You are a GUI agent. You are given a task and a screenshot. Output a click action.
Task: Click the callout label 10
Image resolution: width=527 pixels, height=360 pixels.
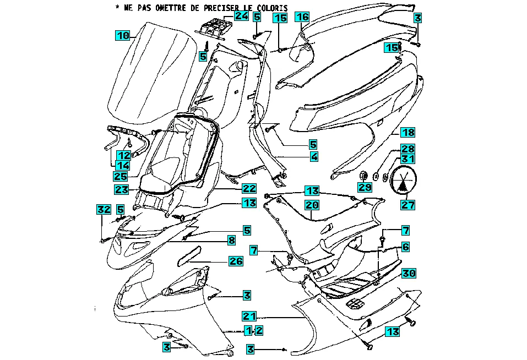(122, 36)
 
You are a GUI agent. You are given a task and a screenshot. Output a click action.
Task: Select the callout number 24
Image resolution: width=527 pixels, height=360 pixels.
(241, 15)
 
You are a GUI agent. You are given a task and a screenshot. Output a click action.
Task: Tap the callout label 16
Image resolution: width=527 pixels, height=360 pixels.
(302, 17)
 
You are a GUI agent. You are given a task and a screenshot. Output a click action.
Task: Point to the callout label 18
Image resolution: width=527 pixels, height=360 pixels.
(408, 132)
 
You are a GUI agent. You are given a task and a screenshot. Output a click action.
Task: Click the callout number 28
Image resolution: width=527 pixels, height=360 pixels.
(408, 149)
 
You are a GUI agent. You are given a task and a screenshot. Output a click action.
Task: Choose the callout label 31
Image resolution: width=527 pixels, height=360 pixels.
(408, 160)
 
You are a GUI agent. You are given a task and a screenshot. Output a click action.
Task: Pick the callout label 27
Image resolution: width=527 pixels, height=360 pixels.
(408, 205)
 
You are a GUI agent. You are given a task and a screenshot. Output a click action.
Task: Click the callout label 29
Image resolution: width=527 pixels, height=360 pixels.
(365, 188)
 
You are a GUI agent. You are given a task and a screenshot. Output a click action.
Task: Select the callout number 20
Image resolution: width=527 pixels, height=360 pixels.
(312, 205)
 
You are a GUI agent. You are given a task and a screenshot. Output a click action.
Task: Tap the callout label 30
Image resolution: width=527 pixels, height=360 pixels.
(408, 273)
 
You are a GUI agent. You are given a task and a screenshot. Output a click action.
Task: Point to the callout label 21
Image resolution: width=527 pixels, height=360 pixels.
(249, 316)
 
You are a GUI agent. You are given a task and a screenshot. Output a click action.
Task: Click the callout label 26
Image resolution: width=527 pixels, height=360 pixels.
(236, 261)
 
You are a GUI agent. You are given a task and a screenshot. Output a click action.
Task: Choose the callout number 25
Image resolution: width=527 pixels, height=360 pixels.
(121, 176)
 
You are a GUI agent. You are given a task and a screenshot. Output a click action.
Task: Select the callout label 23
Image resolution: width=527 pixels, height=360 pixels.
(122, 189)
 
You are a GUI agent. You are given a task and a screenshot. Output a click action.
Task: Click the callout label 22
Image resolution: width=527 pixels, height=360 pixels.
(249, 188)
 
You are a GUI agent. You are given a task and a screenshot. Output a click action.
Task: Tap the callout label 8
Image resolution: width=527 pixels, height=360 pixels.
(232, 240)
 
